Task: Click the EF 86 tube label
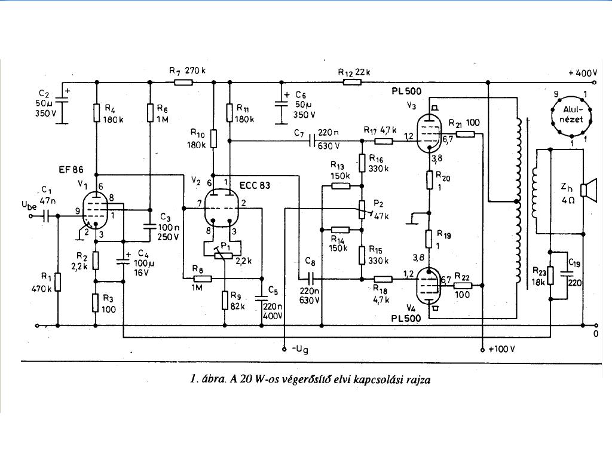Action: [x=71, y=170]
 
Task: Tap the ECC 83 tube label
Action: [x=255, y=185]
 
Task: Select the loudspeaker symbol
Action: [x=589, y=190]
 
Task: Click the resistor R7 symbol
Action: [x=183, y=82]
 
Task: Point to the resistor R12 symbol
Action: [x=352, y=82]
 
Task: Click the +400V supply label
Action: [x=583, y=73]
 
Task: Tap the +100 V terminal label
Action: [x=501, y=349]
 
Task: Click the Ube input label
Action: [x=29, y=206]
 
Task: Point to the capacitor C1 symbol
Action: [x=46, y=216]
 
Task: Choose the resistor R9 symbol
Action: [x=225, y=300]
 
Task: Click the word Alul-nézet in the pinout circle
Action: [x=570, y=115]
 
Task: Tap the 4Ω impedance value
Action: [x=568, y=201]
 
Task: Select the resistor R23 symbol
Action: [x=550, y=276]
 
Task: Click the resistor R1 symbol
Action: [x=58, y=282]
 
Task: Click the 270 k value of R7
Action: [x=195, y=71]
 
